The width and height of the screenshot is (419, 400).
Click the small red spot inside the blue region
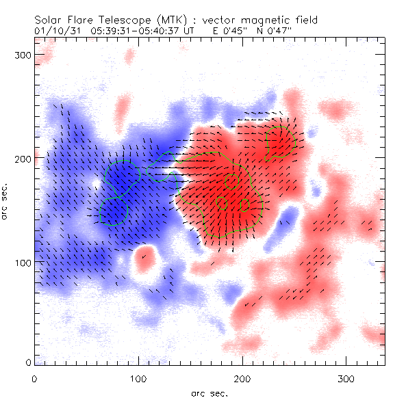143,258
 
